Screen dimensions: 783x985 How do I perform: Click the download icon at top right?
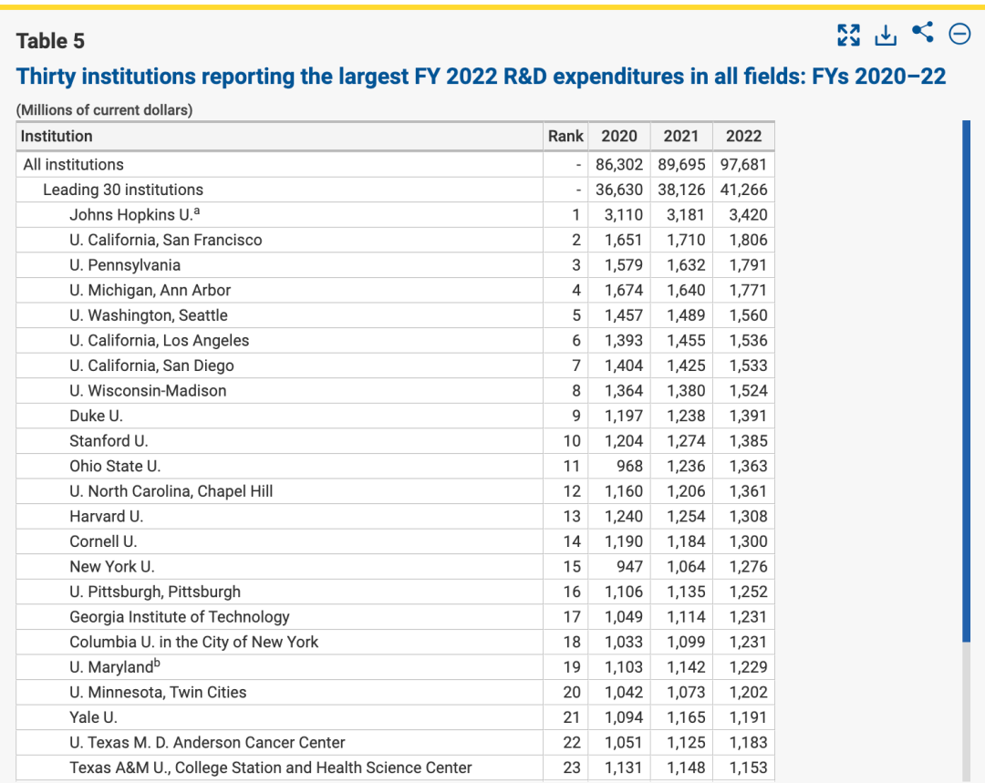click(x=885, y=35)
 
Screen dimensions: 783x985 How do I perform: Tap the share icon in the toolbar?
click(x=922, y=33)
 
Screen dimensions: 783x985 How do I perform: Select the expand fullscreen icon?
click(x=848, y=35)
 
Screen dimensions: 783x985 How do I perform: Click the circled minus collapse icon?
click(x=959, y=35)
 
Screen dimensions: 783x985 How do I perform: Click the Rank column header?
click(x=565, y=136)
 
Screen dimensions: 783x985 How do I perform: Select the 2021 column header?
click(x=680, y=136)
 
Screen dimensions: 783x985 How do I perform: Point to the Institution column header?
click(x=57, y=136)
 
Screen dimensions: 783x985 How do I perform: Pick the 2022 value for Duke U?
click(x=748, y=416)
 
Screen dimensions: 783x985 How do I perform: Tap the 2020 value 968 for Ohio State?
click(x=628, y=466)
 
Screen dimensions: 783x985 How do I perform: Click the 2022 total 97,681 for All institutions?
click(x=743, y=165)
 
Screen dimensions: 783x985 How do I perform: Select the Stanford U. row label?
click(x=109, y=441)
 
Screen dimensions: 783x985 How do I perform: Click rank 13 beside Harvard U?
click(x=571, y=516)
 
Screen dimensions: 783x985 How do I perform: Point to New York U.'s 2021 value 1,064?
click(x=686, y=566)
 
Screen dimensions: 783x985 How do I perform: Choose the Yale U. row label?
click(x=93, y=717)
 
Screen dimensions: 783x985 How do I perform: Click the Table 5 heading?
click(x=50, y=41)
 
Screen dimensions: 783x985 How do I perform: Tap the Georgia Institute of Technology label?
click(x=179, y=617)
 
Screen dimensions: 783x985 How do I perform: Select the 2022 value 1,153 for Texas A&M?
click(x=748, y=768)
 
